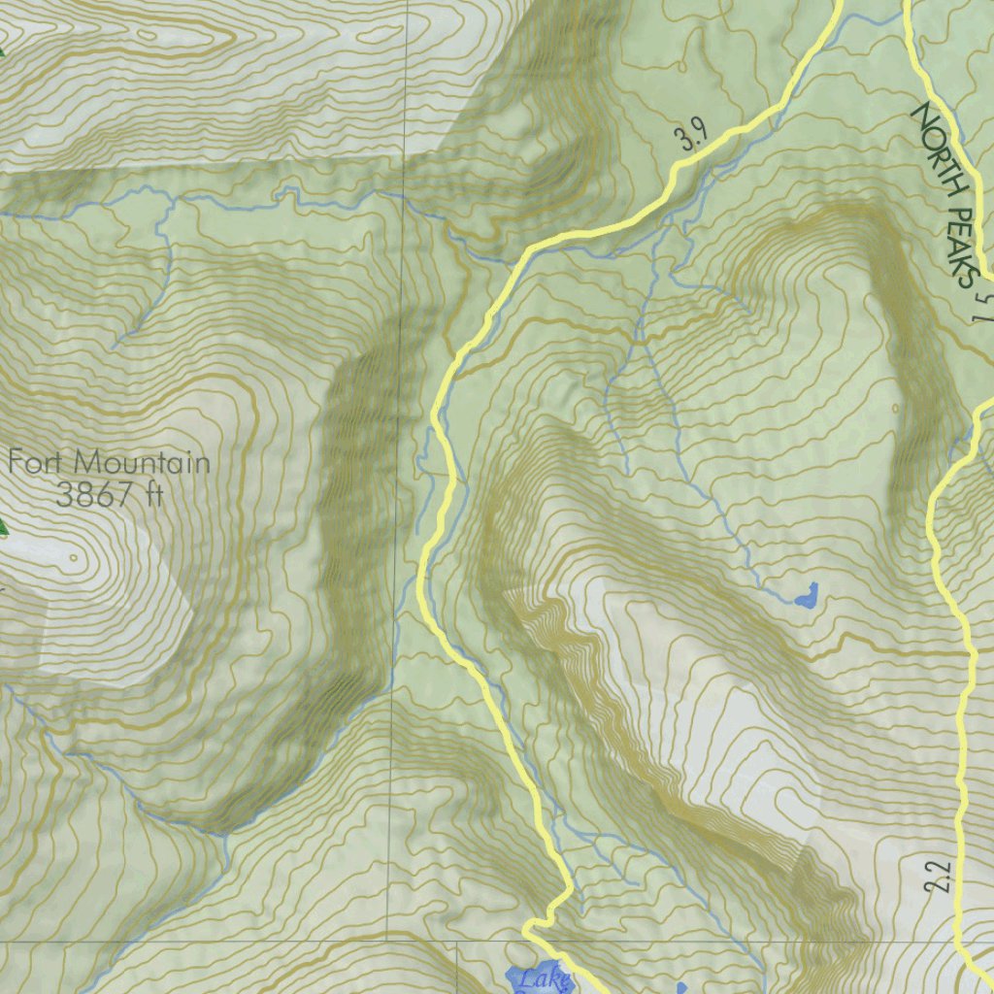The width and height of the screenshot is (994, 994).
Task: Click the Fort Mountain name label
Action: pyautogui.click(x=109, y=461)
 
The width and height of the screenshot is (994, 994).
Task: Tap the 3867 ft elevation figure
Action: pyautogui.click(x=107, y=496)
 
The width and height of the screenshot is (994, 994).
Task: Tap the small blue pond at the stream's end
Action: pyautogui.click(x=806, y=595)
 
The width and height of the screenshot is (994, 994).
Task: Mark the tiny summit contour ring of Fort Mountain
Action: pyautogui.click(x=74, y=559)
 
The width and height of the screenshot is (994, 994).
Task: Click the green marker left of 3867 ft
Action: pyautogui.click(x=2, y=529)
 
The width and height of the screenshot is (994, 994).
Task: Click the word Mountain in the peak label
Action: pyautogui.click(x=146, y=461)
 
